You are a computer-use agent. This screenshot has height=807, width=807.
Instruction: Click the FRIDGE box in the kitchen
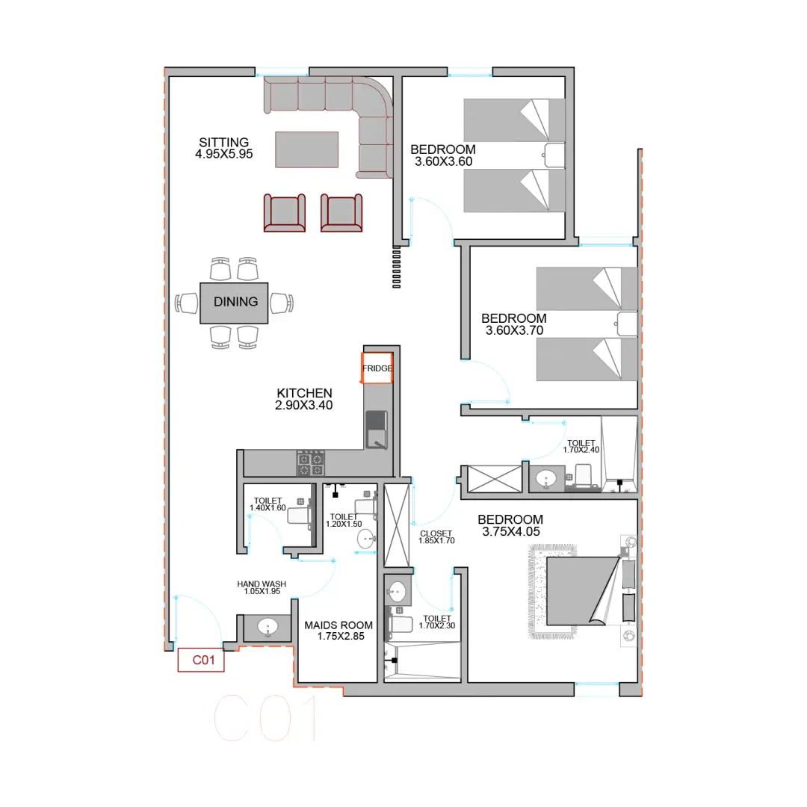[377, 368]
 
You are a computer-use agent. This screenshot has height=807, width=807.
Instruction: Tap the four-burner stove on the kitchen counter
[310, 463]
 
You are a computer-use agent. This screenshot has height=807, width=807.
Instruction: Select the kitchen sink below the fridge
[377, 430]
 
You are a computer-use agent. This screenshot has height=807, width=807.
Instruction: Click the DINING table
[234, 303]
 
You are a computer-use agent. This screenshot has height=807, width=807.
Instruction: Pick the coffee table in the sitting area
[307, 149]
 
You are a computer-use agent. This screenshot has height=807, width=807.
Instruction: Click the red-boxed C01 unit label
[201, 660]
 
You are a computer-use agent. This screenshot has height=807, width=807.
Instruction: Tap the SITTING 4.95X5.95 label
[224, 148]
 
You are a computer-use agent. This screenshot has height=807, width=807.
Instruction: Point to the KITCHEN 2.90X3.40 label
[304, 399]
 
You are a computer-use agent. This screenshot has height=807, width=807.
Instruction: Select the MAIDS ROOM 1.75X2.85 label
[338, 631]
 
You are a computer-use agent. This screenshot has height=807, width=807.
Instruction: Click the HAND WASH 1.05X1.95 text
[262, 587]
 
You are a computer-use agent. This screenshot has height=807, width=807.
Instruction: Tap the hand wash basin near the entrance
[268, 627]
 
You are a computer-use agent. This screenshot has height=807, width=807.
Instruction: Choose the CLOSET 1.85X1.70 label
[436, 537]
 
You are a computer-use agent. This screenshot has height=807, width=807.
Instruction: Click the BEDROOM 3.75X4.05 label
[510, 525]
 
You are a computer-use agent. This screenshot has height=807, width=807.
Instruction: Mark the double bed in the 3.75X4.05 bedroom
[583, 591]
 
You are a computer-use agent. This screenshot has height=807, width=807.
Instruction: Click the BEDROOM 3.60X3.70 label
[514, 324]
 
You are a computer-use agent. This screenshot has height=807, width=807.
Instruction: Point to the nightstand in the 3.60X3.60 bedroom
[554, 155]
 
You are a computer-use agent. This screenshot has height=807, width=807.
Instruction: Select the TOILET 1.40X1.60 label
[268, 504]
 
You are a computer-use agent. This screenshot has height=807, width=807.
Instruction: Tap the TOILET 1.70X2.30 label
[437, 622]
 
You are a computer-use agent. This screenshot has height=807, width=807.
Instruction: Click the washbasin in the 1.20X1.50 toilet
[366, 539]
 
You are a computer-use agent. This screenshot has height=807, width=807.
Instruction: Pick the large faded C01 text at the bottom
[265, 718]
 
